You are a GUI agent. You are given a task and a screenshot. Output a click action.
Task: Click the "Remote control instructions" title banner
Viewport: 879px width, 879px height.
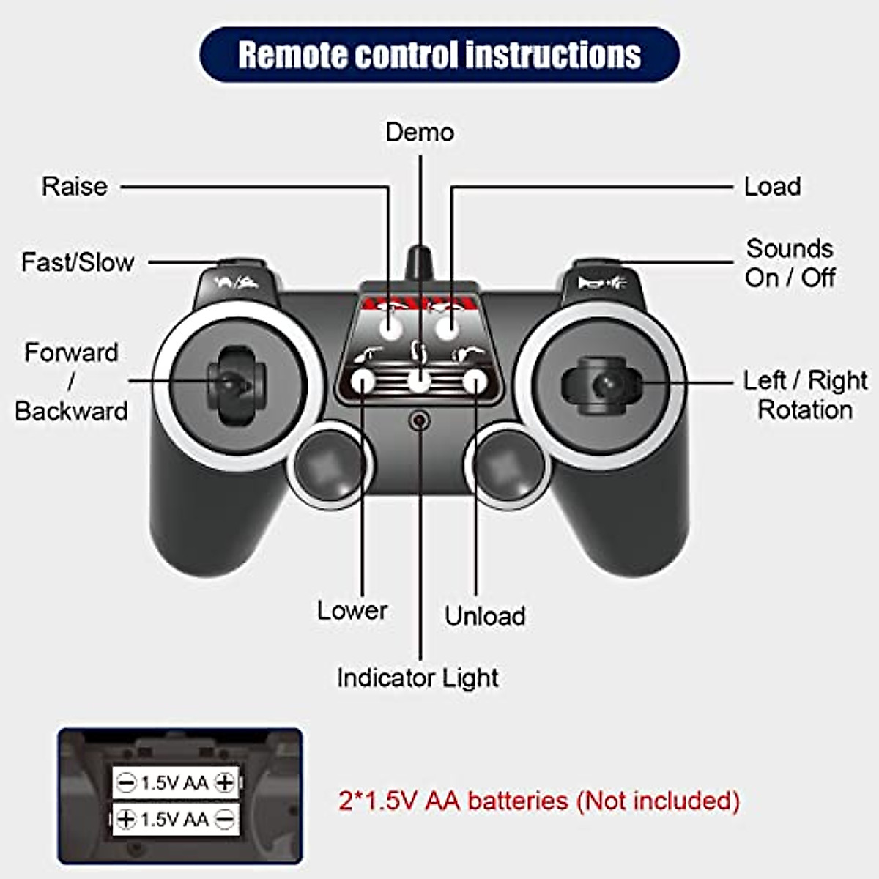[439, 55]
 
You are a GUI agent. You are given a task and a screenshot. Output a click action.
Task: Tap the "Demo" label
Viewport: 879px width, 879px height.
[420, 133]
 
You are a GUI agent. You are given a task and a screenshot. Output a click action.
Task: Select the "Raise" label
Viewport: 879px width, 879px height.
[74, 186]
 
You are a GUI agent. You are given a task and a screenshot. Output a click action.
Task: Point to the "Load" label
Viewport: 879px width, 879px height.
[772, 186]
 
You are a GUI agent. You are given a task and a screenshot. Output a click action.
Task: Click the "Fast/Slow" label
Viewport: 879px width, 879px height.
[78, 262]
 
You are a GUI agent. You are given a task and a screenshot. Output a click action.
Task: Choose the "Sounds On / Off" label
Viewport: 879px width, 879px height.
[790, 263]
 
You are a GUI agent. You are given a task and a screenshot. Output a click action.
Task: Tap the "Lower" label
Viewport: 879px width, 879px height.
[352, 610]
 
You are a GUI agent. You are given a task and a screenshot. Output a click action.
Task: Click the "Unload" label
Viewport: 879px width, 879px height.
[485, 615]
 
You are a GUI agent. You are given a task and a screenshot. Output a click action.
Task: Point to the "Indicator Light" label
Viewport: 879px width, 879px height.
[418, 678]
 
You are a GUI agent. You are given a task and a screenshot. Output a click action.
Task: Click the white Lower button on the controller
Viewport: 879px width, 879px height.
[363, 381]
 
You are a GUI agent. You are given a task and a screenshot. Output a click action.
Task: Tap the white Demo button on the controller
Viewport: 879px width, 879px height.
[419, 382]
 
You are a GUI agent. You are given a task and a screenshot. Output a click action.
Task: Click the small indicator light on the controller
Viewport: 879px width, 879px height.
[419, 420]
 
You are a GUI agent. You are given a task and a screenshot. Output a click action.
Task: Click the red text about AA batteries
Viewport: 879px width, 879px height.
[538, 801]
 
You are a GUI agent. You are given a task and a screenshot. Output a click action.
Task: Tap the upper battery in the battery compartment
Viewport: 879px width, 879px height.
[176, 782]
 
